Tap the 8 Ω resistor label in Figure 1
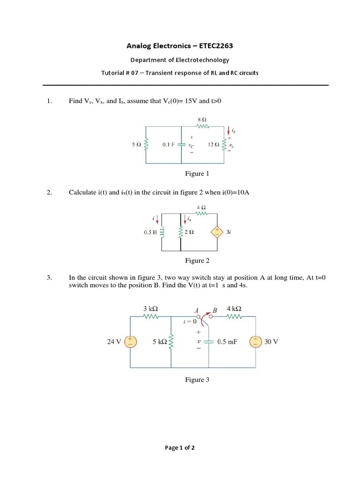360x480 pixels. pyautogui.click(x=202, y=120)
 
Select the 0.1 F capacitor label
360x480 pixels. pyautogui.click(x=168, y=145)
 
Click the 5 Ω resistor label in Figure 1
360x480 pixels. pyautogui.click(x=136, y=145)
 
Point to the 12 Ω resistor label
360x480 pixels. pyautogui.click(x=214, y=145)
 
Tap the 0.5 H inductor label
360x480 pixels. pyautogui.click(x=150, y=232)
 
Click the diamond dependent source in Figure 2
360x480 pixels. pyautogui.click(x=217, y=232)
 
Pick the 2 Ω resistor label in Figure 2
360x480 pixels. pyautogui.click(x=190, y=232)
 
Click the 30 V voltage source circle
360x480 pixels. pyautogui.click(x=255, y=342)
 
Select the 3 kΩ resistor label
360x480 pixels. pyautogui.click(x=150, y=308)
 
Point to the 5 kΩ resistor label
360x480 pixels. pyautogui.click(x=160, y=342)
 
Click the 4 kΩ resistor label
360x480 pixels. pyautogui.click(x=234, y=308)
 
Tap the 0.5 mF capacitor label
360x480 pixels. pyautogui.click(x=227, y=342)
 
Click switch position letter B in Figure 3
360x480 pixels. pyautogui.click(x=215, y=310)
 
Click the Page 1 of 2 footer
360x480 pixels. pyautogui.click(x=180, y=448)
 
